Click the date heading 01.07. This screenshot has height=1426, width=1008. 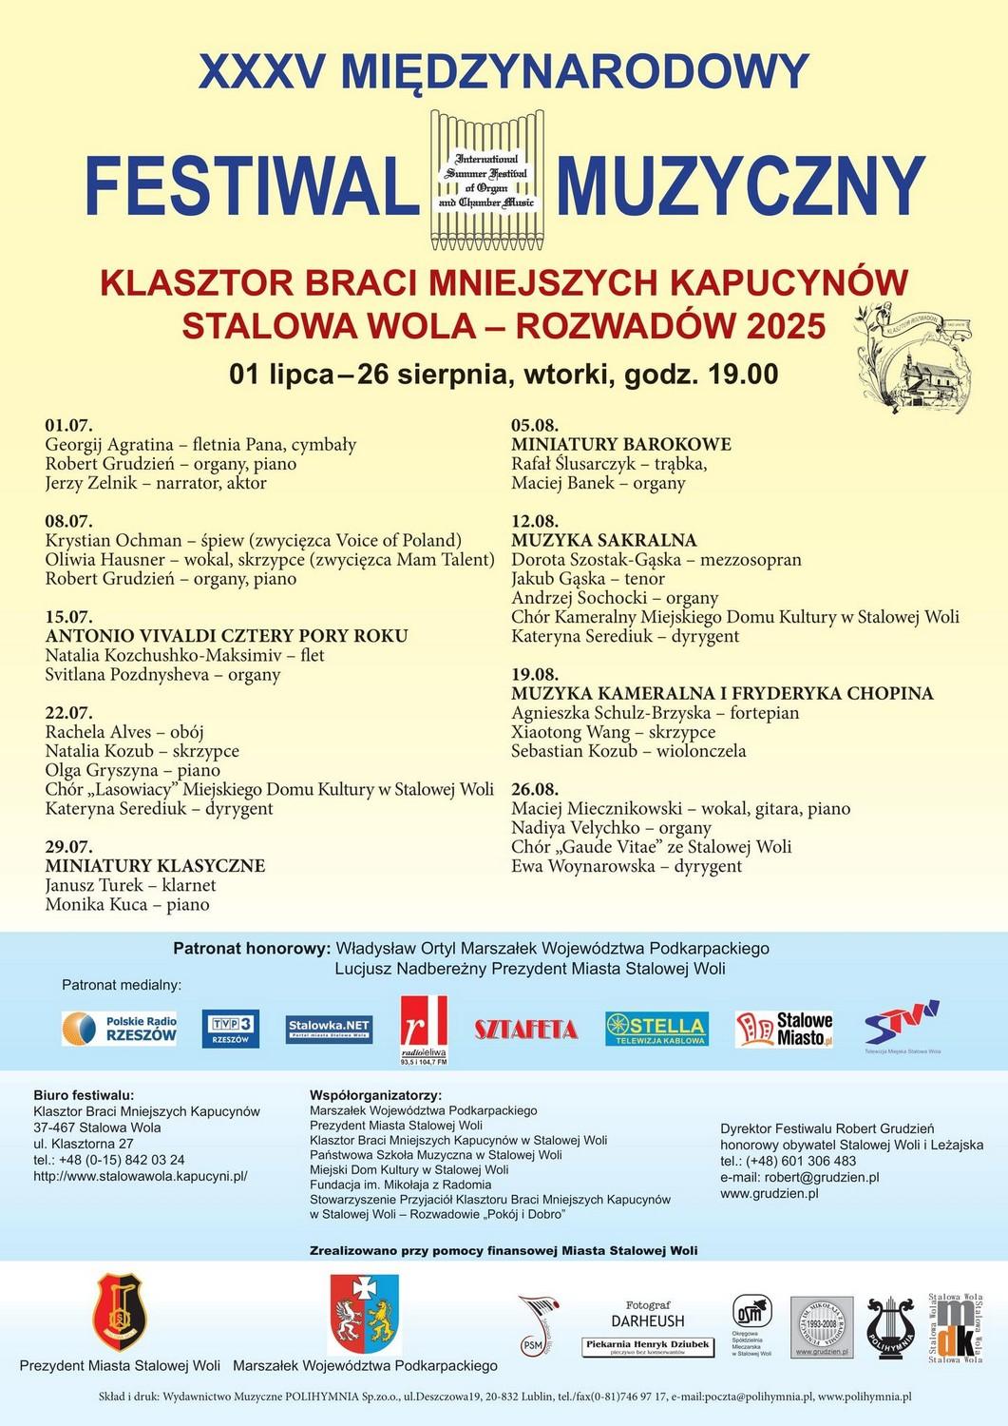(68, 425)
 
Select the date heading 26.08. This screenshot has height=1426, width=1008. (535, 789)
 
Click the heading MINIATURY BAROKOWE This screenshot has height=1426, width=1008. (621, 444)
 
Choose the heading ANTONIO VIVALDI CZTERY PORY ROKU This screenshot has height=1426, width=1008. (226, 636)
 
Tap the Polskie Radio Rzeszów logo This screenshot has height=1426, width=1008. (120, 1029)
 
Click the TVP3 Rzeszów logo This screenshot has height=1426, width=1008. (231, 1029)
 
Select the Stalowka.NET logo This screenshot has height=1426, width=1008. (329, 1029)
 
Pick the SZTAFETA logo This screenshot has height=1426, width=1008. (525, 1029)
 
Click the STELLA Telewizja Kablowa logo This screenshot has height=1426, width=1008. (656, 1029)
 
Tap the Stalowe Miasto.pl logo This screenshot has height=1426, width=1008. (785, 1029)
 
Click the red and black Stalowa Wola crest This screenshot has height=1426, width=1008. (120, 1312)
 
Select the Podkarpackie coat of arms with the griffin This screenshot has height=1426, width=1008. (364, 1314)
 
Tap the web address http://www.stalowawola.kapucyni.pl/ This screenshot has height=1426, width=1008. (141, 1176)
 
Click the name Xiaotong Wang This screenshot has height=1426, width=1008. (570, 732)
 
